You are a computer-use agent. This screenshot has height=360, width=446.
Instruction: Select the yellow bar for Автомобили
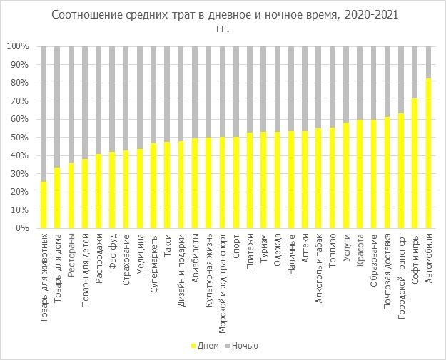tap(429, 153)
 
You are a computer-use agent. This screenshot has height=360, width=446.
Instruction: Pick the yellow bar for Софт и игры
tap(415, 163)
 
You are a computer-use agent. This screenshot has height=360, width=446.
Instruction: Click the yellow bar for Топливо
tap(333, 178)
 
